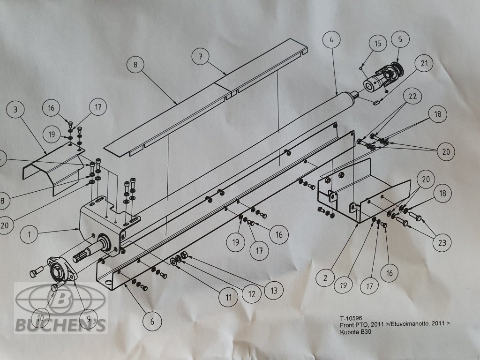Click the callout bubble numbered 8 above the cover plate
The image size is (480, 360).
[135, 65]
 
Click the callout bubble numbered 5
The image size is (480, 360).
[400, 39]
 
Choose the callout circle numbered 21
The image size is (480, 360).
[424, 63]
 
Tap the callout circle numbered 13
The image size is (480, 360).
[274, 291]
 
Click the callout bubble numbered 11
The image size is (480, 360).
[228, 297]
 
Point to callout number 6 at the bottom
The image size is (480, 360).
[152, 322]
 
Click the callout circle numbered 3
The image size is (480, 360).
[15, 110]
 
